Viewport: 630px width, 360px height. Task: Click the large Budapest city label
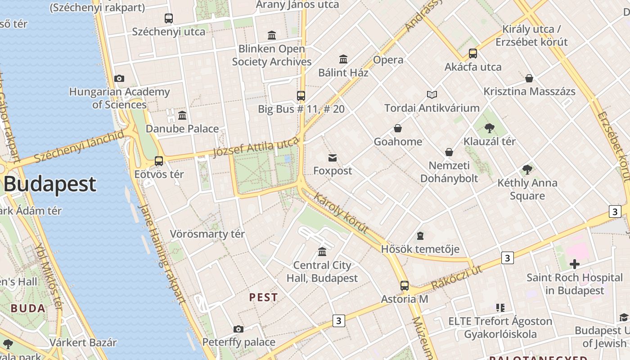click(50, 184)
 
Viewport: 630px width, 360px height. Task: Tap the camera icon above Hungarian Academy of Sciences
click(119, 78)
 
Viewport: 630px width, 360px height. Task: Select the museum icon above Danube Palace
click(182, 115)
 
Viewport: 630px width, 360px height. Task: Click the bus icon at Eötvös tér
click(159, 161)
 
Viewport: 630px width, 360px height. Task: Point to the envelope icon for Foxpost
click(333, 157)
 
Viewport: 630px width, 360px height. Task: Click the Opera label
click(388, 60)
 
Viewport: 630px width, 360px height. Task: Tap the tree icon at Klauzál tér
click(490, 128)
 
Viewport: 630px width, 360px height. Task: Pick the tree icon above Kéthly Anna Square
click(527, 170)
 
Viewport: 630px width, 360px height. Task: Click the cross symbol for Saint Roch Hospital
click(574, 264)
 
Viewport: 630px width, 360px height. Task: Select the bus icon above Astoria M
click(405, 285)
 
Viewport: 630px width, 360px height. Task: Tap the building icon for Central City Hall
click(322, 252)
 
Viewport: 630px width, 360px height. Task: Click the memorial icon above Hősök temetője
click(420, 235)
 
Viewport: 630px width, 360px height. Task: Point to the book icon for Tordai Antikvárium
click(432, 94)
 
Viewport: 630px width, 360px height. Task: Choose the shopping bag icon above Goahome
click(398, 128)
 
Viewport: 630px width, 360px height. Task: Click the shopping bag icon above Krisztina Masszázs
click(529, 78)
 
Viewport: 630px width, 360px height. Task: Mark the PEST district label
click(263, 297)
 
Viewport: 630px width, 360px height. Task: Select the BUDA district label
click(28, 309)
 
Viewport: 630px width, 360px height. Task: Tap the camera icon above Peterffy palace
click(238, 329)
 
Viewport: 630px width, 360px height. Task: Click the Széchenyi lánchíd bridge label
click(79, 146)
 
